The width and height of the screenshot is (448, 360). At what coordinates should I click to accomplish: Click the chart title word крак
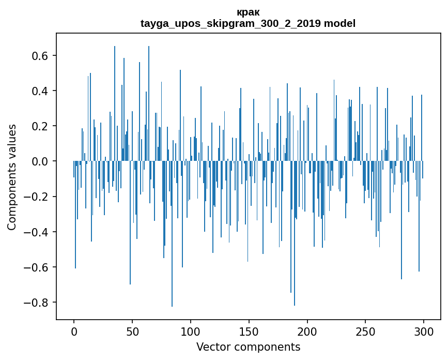(248, 12)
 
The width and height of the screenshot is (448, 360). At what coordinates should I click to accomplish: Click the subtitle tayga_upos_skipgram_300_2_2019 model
(248, 23)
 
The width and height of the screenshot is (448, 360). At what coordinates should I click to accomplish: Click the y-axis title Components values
(12, 177)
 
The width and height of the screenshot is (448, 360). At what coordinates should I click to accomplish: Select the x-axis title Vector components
(248, 347)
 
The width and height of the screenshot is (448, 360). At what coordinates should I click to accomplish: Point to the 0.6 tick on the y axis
(40, 55)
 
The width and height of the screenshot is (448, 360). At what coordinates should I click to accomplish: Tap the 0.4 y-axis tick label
(40, 91)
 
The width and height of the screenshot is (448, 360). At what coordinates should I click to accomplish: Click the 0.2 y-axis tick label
(40, 126)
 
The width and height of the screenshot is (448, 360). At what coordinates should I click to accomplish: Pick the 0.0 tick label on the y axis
(40, 161)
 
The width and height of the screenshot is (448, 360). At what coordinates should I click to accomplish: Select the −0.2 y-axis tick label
(37, 197)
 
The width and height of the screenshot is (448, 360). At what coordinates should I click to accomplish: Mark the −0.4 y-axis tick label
(37, 232)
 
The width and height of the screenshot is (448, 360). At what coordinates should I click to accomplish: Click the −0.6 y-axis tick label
(37, 267)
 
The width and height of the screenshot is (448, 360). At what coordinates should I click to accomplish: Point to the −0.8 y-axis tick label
(37, 303)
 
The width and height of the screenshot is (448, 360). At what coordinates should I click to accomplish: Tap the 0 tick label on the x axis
(74, 331)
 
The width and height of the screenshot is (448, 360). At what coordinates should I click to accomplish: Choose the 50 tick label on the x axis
(132, 331)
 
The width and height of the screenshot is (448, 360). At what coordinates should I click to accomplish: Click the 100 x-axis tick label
(191, 331)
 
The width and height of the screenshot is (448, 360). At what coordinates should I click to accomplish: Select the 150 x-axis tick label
(249, 331)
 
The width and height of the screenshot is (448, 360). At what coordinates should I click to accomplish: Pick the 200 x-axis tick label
(307, 331)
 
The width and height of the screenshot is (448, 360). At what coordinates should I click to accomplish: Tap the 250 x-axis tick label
(365, 331)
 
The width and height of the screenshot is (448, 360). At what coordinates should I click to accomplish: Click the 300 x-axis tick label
(424, 331)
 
